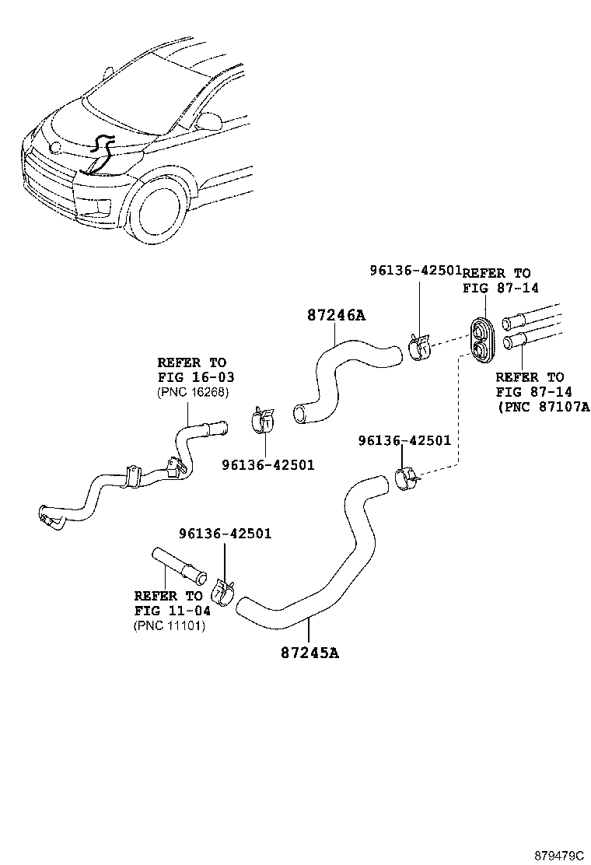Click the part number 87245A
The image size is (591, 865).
(310, 652)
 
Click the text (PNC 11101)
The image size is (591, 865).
(170, 625)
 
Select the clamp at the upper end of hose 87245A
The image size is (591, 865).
(407, 478)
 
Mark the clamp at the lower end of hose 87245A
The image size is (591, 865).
(223, 591)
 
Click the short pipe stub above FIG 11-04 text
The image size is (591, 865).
(178, 566)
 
